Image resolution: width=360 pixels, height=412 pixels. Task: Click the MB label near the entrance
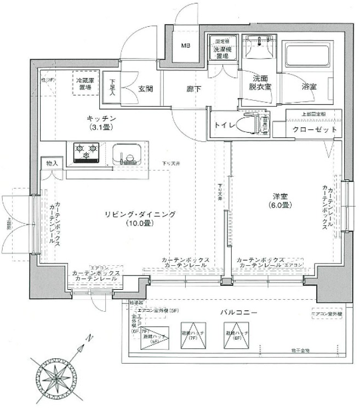click(x=186, y=45)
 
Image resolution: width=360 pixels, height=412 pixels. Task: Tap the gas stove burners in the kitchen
click(x=87, y=150)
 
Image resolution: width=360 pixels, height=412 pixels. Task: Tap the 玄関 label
click(x=145, y=89)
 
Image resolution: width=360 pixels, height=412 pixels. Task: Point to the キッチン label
click(x=101, y=119)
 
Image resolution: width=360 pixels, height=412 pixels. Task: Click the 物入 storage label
click(x=52, y=163)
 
